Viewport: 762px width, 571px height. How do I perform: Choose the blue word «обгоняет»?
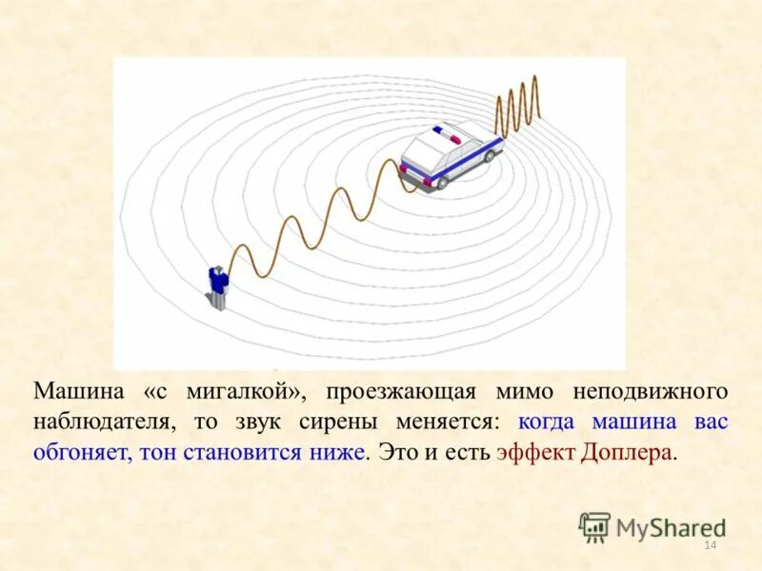point(82,452)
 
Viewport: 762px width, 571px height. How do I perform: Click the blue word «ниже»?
point(338,452)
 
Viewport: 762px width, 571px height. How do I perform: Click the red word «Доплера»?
point(627,452)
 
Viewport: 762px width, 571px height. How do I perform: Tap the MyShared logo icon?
point(594,526)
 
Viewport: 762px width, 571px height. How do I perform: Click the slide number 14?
point(709,545)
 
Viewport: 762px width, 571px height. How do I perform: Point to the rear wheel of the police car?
point(440,182)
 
